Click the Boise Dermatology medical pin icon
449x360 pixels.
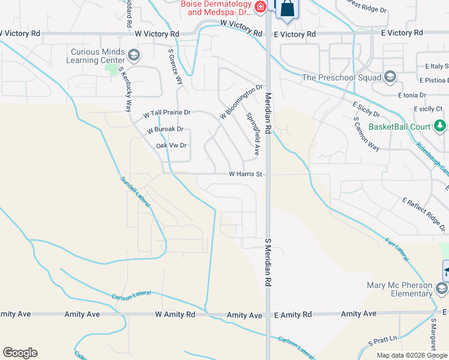tap(261, 7)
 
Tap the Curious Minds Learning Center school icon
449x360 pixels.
tap(134, 56)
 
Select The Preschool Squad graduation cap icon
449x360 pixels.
tap(390, 77)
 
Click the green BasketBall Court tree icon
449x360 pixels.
tap(441, 126)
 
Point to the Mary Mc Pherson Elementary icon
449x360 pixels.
tap(442, 289)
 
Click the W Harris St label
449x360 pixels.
tap(246, 174)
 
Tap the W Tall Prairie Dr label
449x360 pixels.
tap(166, 113)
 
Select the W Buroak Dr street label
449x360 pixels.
tap(165, 129)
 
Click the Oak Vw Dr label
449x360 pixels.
tap(172, 145)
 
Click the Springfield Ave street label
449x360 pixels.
tap(253, 133)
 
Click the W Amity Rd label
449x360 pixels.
tap(175, 314)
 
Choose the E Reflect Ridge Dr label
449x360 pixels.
tap(424, 214)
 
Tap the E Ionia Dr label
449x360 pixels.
tap(411, 95)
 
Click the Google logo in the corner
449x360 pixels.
tap(20, 353)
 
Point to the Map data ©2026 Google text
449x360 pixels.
tap(412, 355)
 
